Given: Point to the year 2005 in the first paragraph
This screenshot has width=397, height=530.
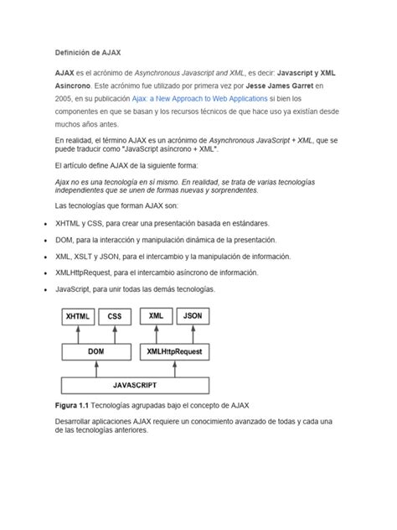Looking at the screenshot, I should coord(64,98).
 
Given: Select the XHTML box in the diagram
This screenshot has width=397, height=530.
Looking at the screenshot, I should coord(78,317).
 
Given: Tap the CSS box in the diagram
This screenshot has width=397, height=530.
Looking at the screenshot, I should coord(115,317).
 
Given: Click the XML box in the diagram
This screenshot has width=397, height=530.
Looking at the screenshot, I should coord(156,317).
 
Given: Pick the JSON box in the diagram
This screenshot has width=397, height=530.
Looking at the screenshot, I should coord(193,317).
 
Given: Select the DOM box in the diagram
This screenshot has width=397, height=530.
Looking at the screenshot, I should coord(96,352).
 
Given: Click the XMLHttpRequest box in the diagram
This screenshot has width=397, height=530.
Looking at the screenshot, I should coord(174,352).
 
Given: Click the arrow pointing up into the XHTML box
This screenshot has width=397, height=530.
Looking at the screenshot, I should coord(78,334).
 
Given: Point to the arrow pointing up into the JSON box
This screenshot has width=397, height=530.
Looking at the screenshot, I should coord(193,334).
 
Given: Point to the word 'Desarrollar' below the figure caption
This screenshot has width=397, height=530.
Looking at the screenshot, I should coord(75,420).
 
